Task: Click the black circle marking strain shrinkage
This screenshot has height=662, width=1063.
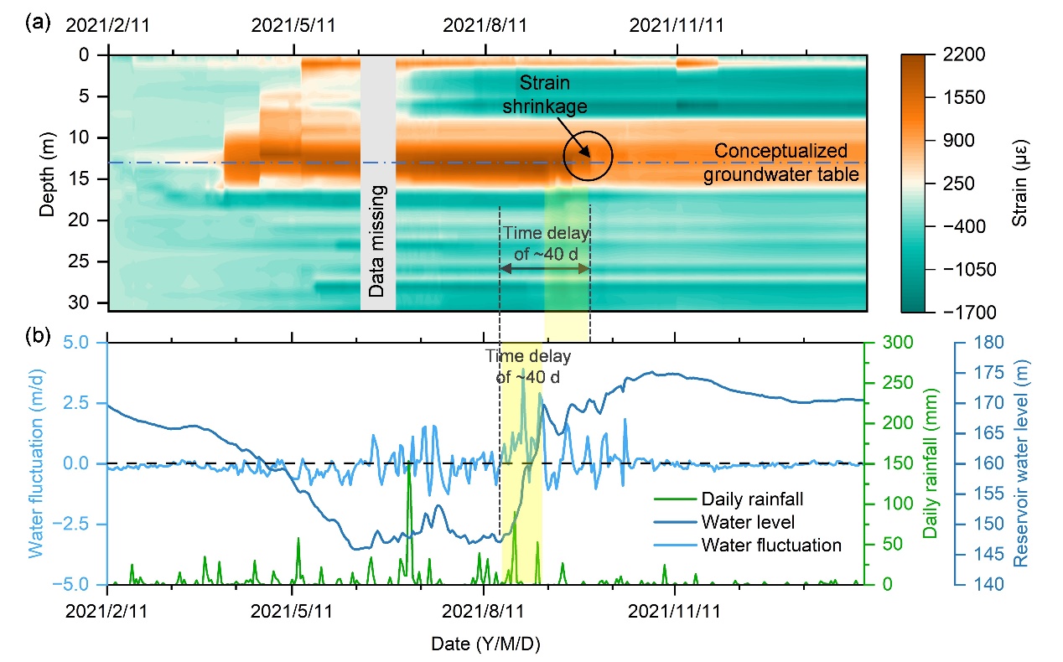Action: click(x=588, y=156)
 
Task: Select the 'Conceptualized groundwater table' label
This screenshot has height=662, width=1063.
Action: click(x=786, y=163)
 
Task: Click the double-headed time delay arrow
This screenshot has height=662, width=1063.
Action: click(x=544, y=268)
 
